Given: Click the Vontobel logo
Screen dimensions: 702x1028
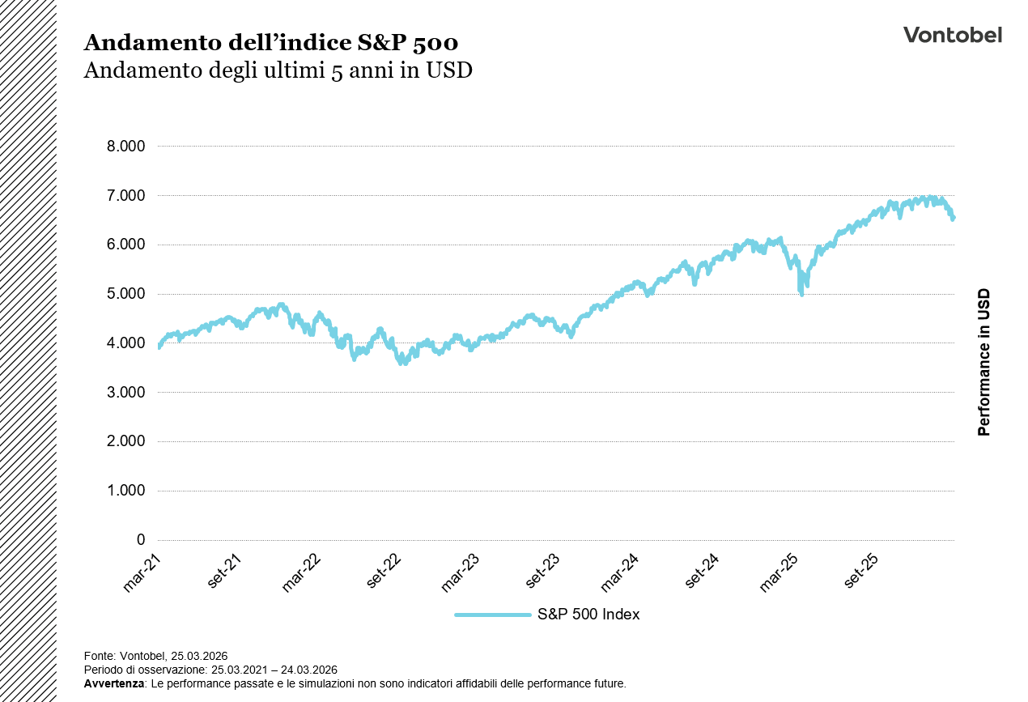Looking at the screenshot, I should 952,35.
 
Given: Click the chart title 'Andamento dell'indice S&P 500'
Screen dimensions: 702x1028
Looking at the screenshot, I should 271,42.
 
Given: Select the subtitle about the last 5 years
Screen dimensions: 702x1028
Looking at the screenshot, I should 278,70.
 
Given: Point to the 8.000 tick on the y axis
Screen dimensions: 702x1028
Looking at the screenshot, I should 125,147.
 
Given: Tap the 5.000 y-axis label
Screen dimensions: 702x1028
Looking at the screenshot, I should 125,294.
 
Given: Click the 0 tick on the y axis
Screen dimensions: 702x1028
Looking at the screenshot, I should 141,540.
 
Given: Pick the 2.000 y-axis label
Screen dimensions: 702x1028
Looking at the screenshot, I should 125,441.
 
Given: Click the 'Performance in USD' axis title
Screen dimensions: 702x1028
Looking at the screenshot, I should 983,362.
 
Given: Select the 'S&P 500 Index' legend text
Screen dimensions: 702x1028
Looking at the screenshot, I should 588,615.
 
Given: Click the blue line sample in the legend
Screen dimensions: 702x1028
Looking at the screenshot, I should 492,615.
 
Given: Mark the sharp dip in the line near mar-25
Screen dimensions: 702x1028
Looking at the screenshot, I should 801,293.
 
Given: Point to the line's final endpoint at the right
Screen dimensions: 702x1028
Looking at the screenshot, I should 953,217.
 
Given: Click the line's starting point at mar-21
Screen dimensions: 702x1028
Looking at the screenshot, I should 159,346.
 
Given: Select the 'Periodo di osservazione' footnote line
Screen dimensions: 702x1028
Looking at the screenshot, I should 210,670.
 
